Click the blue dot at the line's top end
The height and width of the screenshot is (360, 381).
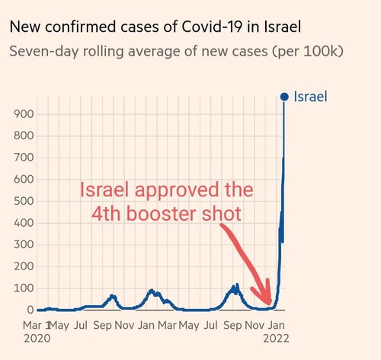coord(284,97)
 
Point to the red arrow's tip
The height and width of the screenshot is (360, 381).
coord(268,303)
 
